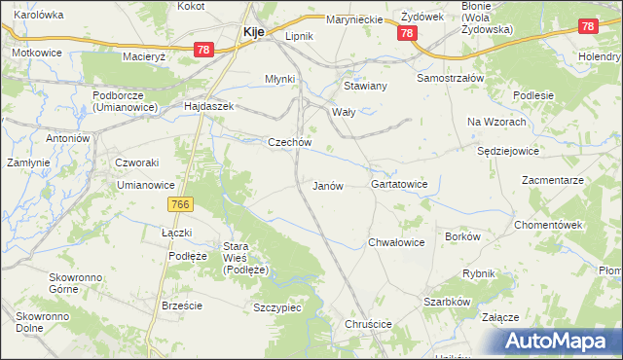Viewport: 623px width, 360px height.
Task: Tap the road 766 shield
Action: [180, 204]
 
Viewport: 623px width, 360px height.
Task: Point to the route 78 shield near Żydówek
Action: [407, 33]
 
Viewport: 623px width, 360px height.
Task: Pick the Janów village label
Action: [328, 185]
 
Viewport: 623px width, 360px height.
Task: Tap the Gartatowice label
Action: [400, 184]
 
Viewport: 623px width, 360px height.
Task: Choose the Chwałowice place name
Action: [396, 242]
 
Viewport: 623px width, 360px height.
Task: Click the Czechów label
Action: [289, 142]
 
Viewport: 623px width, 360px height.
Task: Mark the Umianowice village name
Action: [145, 184]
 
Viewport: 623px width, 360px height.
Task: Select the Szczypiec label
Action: [276, 306]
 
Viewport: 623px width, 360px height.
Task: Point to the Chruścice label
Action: [368, 324]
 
